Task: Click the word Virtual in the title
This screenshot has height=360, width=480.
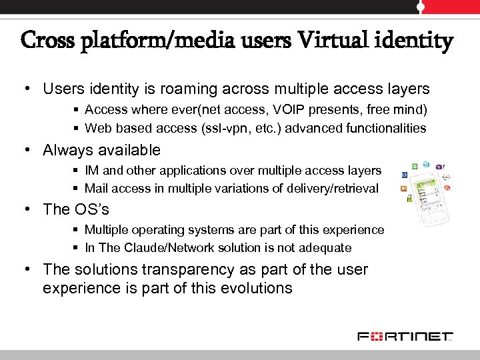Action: pos(332,41)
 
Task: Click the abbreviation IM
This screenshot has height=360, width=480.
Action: pos(91,171)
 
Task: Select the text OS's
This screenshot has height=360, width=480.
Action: pos(91,209)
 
